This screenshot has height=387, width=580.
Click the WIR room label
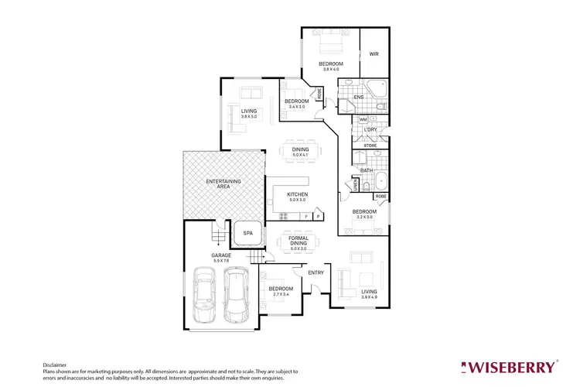(x=374, y=54)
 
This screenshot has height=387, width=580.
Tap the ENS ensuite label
(x=358, y=97)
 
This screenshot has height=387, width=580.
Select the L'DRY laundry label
(x=370, y=129)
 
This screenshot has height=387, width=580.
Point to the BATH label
(x=366, y=170)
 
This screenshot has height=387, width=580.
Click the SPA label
(x=248, y=232)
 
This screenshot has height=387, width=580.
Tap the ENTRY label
(x=316, y=272)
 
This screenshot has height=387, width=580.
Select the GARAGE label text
(x=222, y=255)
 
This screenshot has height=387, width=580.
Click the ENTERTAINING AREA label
(x=223, y=183)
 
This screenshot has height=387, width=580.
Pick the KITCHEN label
(x=298, y=193)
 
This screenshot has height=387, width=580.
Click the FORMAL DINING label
(x=299, y=240)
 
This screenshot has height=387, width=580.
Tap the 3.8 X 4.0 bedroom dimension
(x=330, y=70)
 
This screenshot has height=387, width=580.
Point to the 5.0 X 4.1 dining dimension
(x=300, y=156)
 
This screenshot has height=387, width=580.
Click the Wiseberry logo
(x=508, y=366)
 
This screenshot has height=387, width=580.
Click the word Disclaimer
(x=54, y=364)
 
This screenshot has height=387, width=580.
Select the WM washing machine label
(x=363, y=120)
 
